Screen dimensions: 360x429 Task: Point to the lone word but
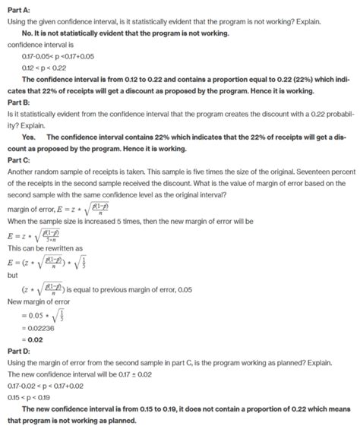11,276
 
